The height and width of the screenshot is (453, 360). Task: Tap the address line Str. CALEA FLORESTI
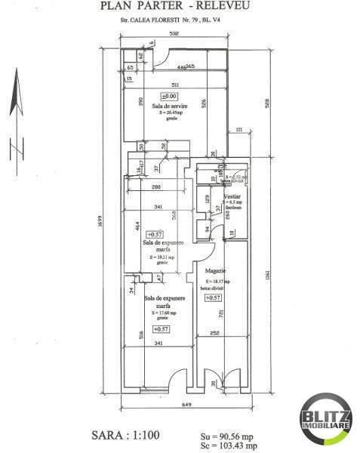pos(174,23)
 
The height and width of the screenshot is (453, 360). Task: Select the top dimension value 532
pos(174,34)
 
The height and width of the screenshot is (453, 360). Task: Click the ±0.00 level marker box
pos(170,96)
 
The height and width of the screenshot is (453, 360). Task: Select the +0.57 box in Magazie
pos(212,297)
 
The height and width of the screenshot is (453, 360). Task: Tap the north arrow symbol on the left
pos(14,113)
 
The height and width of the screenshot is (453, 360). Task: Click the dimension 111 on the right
pos(238,131)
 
